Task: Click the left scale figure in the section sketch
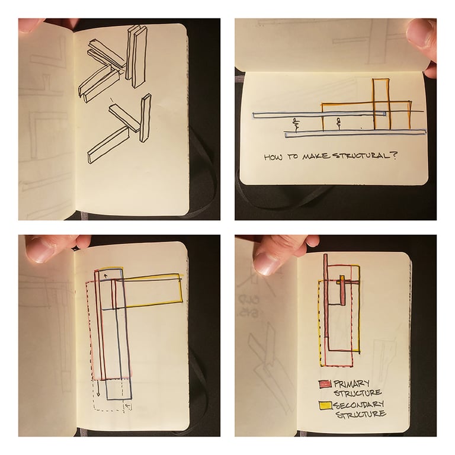pyautogui.click(x=296, y=124)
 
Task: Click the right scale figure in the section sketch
pyautogui.click(x=338, y=123)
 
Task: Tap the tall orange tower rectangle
pyautogui.click(x=381, y=104)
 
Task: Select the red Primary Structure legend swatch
pyautogui.click(x=325, y=384)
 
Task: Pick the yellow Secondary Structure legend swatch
pyautogui.click(x=326, y=405)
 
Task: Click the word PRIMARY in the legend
pyautogui.click(x=351, y=384)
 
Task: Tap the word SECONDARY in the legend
pyautogui.click(x=359, y=404)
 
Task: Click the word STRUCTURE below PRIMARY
pyautogui.click(x=357, y=393)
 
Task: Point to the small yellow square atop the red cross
pyautogui.click(x=342, y=278)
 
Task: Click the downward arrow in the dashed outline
pyautogui.click(x=98, y=388)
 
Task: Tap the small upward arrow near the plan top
pyautogui.click(x=106, y=275)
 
